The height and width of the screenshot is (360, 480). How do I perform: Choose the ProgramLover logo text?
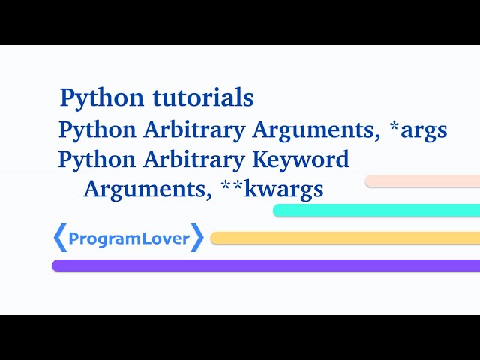click(x=128, y=238)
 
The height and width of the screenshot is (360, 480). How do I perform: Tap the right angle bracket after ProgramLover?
click(x=197, y=238)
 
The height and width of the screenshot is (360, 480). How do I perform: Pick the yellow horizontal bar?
click(x=345, y=238)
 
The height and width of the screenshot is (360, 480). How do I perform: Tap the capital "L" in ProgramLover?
click(x=147, y=238)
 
